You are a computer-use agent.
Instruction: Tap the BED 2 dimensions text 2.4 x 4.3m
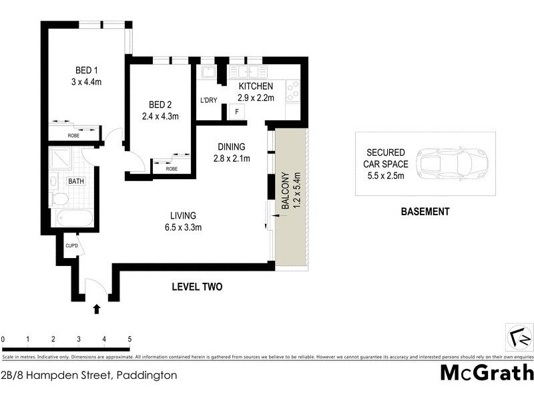point(161,116)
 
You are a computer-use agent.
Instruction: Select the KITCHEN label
point(256,87)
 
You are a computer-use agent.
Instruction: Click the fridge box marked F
point(234,112)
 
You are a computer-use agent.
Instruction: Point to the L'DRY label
point(209,101)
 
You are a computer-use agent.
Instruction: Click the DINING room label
point(232,147)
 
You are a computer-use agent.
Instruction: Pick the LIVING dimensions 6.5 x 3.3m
point(183,227)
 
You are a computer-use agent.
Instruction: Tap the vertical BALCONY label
point(286,192)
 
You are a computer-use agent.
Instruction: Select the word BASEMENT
point(425,212)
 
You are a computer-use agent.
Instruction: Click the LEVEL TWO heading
point(197,287)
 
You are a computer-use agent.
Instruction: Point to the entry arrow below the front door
point(97,308)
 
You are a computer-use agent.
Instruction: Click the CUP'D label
point(71,246)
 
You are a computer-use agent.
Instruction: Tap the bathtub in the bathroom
point(75,218)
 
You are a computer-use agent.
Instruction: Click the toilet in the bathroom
point(59,198)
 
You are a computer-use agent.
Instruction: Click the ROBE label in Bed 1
point(73,136)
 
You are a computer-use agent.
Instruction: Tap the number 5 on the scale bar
point(129,340)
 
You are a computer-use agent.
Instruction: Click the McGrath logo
point(487,372)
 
